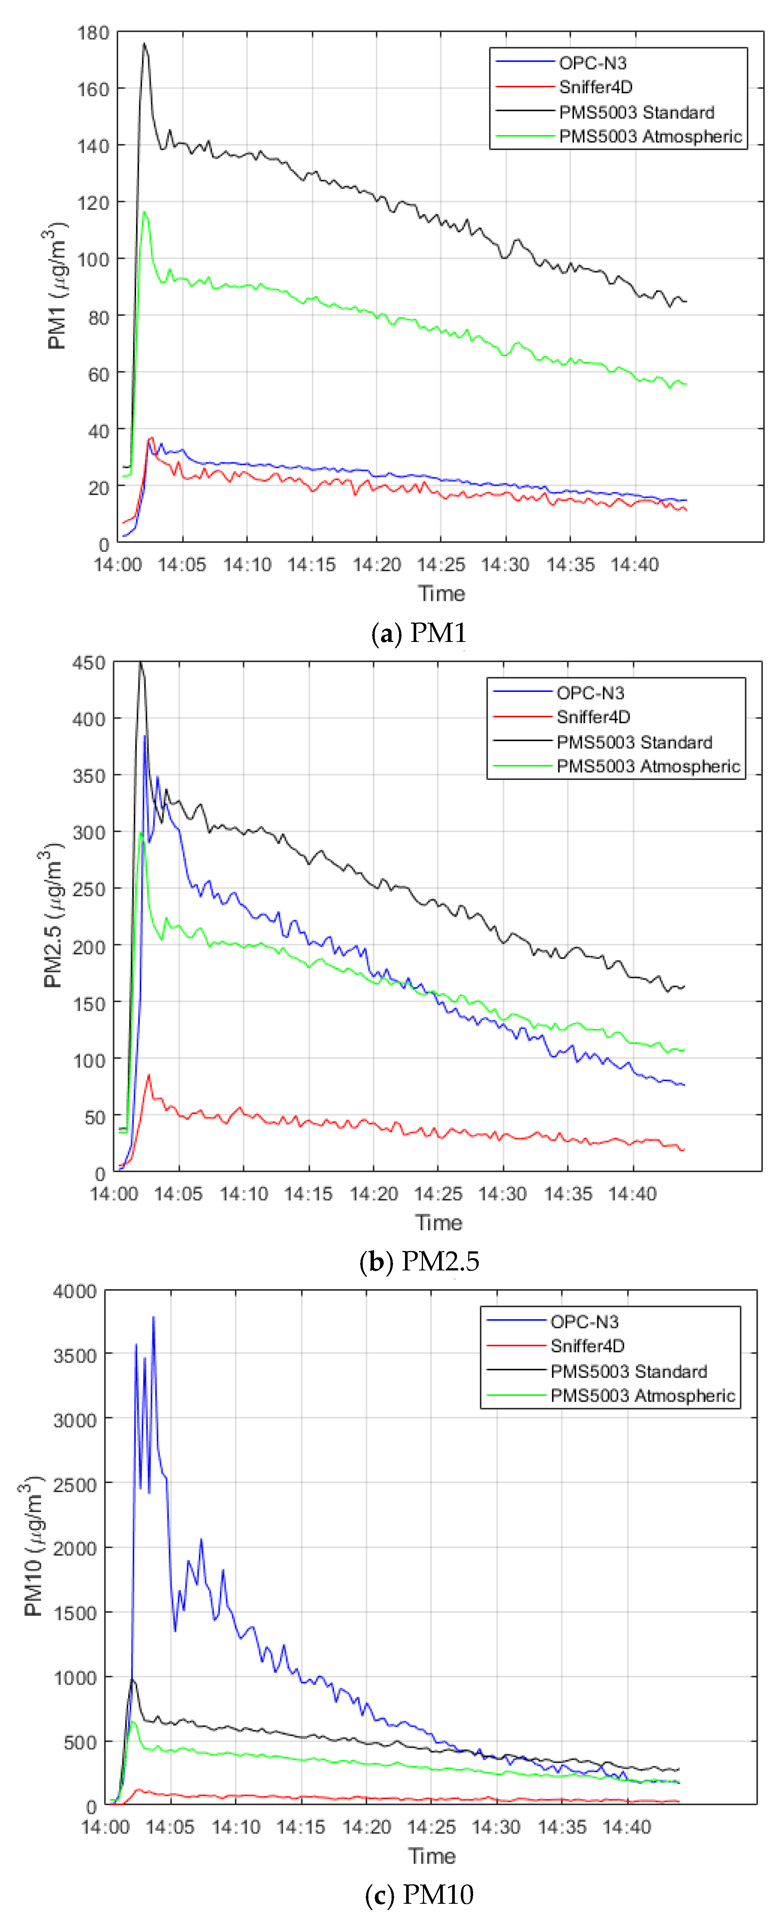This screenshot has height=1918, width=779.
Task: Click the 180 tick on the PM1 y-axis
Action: coord(93,33)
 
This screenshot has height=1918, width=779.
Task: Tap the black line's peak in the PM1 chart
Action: coord(144,43)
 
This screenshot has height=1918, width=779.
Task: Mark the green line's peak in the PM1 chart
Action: coord(144,212)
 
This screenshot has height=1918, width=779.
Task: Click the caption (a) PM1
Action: coord(419,633)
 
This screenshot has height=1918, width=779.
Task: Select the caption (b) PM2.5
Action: coord(419,1261)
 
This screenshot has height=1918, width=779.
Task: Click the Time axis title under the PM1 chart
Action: coord(441,593)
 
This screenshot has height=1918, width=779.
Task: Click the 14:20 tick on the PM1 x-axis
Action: coord(377,565)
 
